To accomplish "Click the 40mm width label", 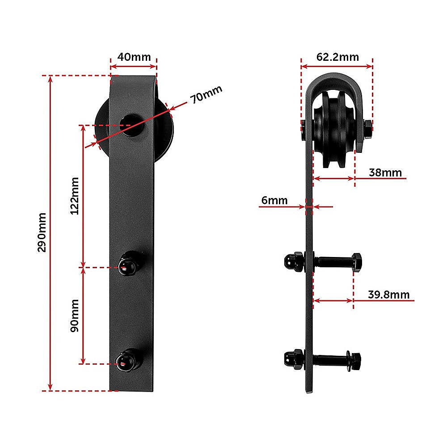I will point(134,57).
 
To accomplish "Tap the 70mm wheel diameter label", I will point(206,95).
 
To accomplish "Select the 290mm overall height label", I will point(42,232).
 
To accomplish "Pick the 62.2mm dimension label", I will point(337,57).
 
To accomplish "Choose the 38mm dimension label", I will point(385,173).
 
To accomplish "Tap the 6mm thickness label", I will point(274,200).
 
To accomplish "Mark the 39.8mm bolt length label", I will point(388,294).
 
